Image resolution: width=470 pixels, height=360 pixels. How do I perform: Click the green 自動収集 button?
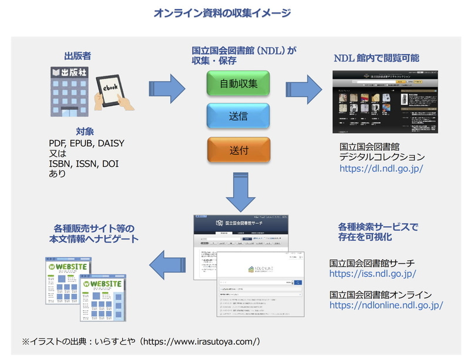239,83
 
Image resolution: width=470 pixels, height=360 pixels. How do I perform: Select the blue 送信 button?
239,116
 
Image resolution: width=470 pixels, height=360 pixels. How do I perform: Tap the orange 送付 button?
239,150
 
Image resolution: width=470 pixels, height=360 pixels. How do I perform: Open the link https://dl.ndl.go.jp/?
381,168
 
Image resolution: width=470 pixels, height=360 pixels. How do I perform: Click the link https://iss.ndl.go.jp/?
372,274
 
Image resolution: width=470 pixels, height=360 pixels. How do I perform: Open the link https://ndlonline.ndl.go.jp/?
386,305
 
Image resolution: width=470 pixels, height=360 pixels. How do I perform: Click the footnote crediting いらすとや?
141,341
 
